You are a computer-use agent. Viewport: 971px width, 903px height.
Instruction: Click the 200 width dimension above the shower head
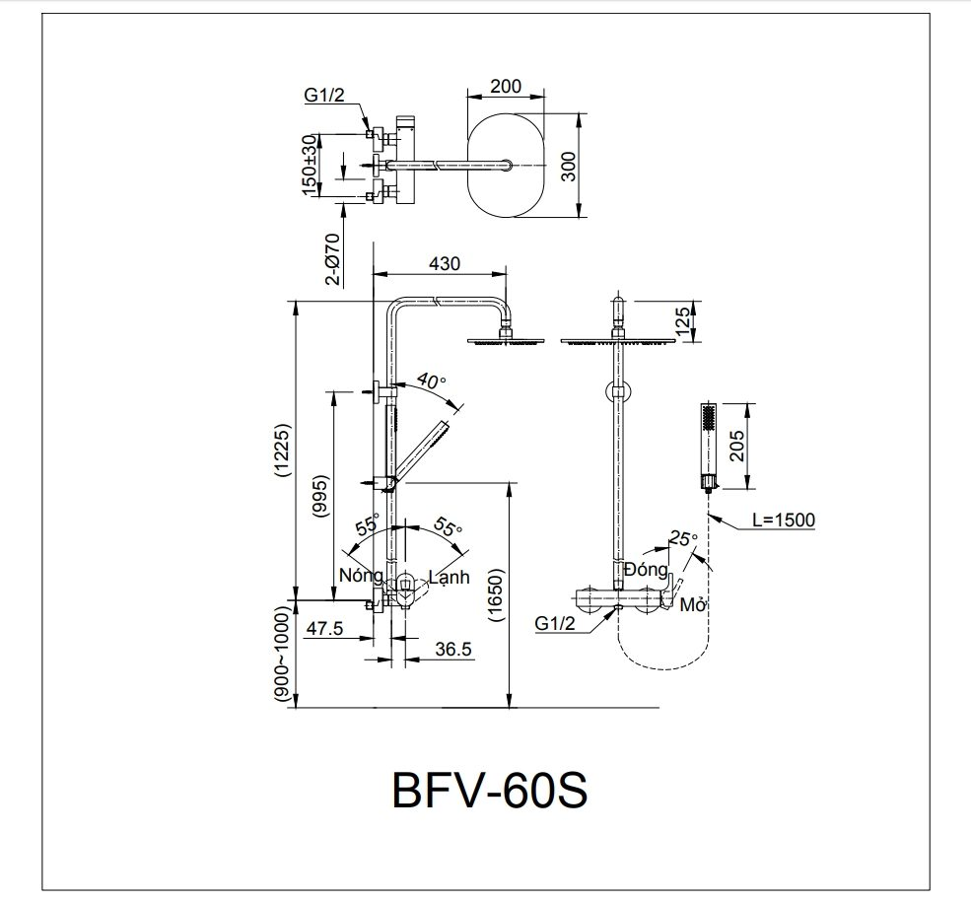pos(505,86)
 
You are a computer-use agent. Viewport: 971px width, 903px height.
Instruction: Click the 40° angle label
pos(432,382)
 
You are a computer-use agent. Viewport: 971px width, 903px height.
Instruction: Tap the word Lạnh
pos(450,577)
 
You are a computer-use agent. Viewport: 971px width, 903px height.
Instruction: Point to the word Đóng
pos(646,570)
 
